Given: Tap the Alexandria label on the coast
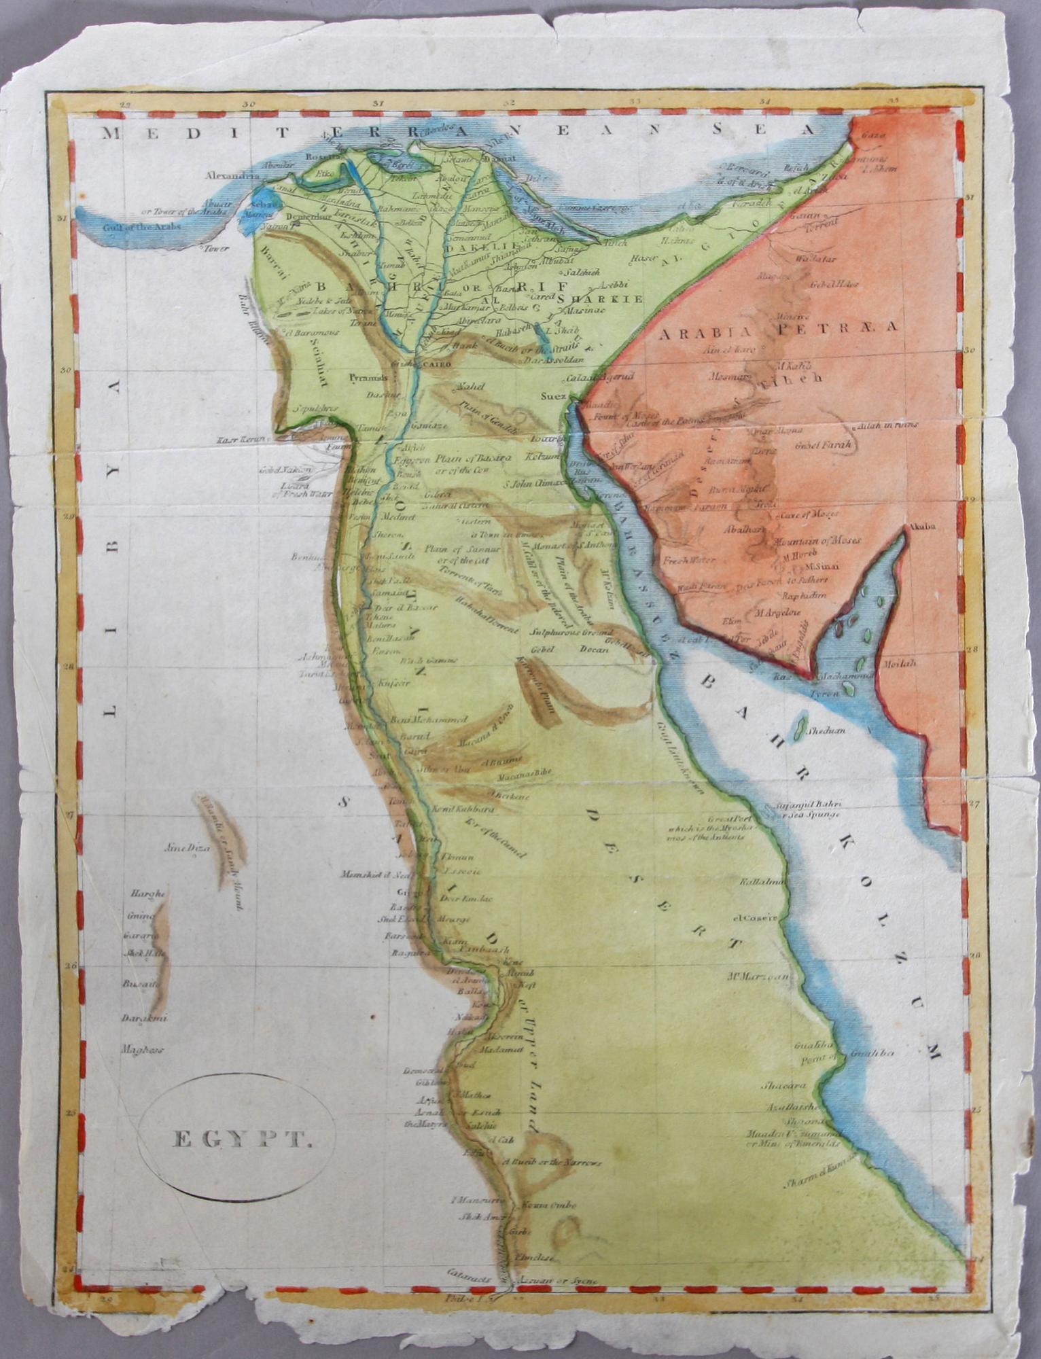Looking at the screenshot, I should pyautogui.click(x=232, y=176).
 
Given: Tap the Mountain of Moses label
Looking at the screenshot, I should pyautogui.click(x=817, y=541).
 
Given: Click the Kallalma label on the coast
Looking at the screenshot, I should pyautogui.click(x=764, y=881).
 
